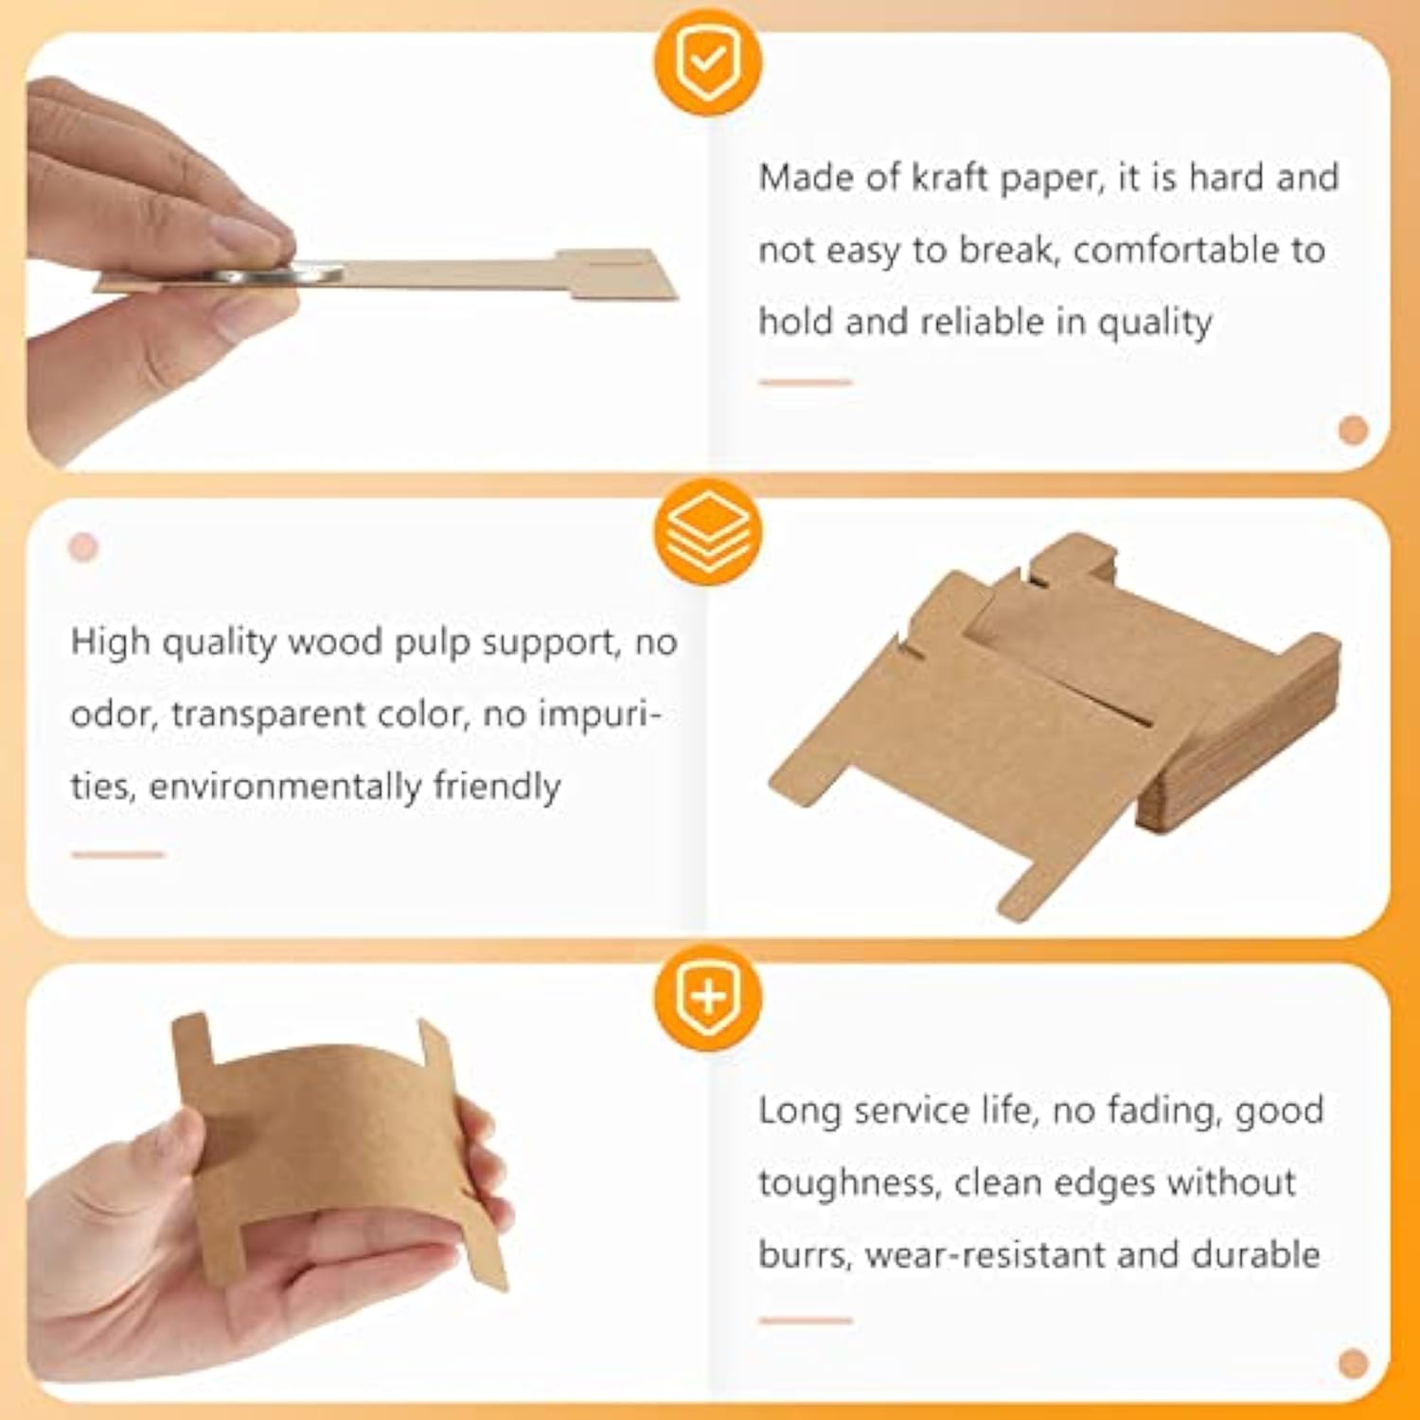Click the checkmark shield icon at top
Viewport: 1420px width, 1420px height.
point(707,62)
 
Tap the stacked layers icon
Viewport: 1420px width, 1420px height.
point(707,531)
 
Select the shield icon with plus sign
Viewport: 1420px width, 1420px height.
point(707,997)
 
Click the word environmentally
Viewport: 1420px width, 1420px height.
point(284,787)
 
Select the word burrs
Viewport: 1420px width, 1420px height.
point(805,1254)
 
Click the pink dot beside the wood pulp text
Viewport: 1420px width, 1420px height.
point(83,547)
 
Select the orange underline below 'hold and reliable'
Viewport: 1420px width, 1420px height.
point(805,382)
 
